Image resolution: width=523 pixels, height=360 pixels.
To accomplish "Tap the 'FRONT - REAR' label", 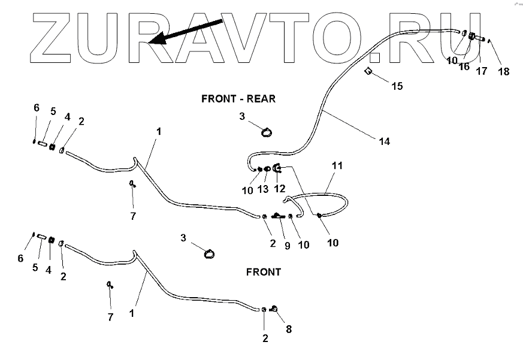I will click(238, 99).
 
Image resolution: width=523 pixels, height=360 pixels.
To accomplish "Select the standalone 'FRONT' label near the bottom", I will click(264, 272).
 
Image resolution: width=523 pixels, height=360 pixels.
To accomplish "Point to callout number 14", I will click(384, 141).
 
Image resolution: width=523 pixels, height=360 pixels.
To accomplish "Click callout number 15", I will click(397, 86).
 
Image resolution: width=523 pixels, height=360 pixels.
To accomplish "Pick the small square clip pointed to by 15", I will click(369, 72).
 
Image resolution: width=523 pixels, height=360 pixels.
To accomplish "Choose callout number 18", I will click(504, 71).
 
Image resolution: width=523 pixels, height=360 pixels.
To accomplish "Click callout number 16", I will click(464, 67).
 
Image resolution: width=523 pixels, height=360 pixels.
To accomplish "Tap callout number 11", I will click(337, 165).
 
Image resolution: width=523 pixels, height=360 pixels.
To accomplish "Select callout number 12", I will click(280, 189).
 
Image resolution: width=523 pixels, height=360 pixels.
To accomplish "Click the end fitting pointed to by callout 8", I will click(273, 308).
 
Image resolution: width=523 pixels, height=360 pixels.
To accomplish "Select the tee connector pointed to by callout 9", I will click(277, 216).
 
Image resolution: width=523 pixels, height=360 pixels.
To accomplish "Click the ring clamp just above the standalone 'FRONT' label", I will click(209, 254).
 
